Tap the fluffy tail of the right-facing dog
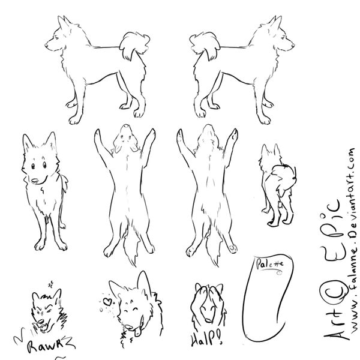(x=206, y=46)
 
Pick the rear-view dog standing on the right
(x=275, y=180)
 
